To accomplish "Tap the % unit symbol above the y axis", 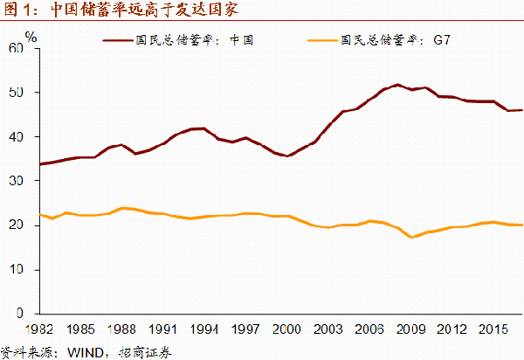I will click(31, 37).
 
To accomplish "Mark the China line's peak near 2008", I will click(397, 85).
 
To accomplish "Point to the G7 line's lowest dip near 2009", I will click(412, 237).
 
